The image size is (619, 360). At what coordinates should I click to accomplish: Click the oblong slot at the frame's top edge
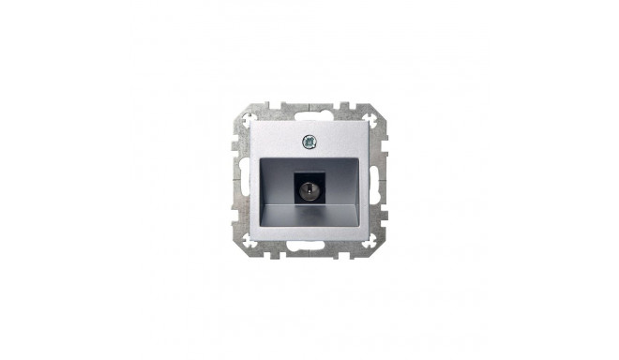coord(309,110)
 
